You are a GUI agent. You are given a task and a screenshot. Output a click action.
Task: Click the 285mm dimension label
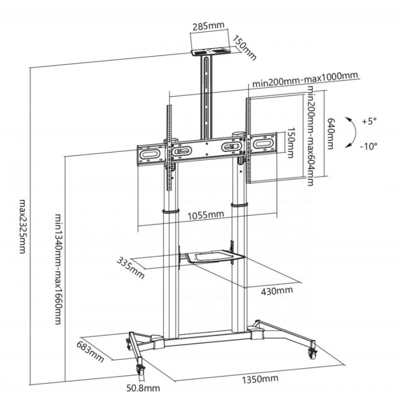(x=209, y=26)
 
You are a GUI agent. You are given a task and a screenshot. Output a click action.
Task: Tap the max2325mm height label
(x=23, y=226)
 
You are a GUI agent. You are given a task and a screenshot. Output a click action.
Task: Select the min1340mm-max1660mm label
(x=58, y=269)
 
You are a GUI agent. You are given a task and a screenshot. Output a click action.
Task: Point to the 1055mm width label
(x=206, y=215)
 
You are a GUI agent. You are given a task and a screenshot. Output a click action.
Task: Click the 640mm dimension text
(x=330, y=133)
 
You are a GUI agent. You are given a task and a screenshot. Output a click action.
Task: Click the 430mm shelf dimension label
(x=277, y=291)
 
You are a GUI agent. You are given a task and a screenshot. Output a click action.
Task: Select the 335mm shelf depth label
(x=131, y=268)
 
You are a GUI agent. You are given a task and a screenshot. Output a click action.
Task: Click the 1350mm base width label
(x=260, y=379)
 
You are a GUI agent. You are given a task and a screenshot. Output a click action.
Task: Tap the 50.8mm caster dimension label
(x=143, y=388)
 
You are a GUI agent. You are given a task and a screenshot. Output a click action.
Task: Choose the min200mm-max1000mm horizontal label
(x=305, y=80)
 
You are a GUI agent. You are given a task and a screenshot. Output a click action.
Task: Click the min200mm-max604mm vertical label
(x=311, y=136)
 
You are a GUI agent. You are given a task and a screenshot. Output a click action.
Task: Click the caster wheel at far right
(x=312, y=353)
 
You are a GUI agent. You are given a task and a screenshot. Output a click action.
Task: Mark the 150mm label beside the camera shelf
(x=244, y=48)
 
